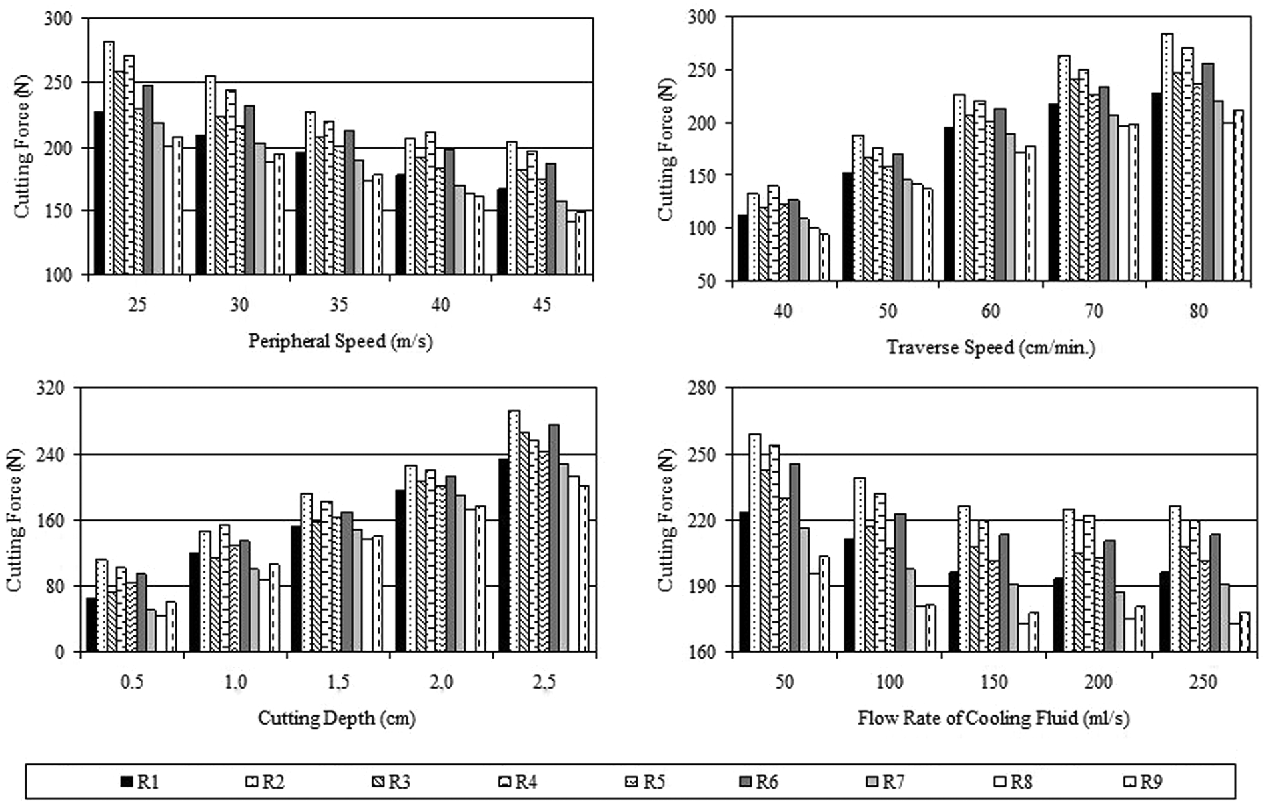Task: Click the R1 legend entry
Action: tap(139, 781)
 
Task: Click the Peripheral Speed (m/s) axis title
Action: tap(340, 341)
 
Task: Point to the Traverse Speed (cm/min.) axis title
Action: tap(991, 347)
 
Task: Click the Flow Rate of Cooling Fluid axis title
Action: tap(993, 719)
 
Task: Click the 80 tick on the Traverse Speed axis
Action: tap(1197, 311)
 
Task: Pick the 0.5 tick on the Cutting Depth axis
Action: tap(131, 683)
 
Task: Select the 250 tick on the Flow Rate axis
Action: tap(1203, 682)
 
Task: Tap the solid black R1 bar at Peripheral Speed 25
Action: tap(99, 193)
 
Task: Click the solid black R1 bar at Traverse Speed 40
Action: tap(742, 247)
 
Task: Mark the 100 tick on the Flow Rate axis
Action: tap(890, 682)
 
